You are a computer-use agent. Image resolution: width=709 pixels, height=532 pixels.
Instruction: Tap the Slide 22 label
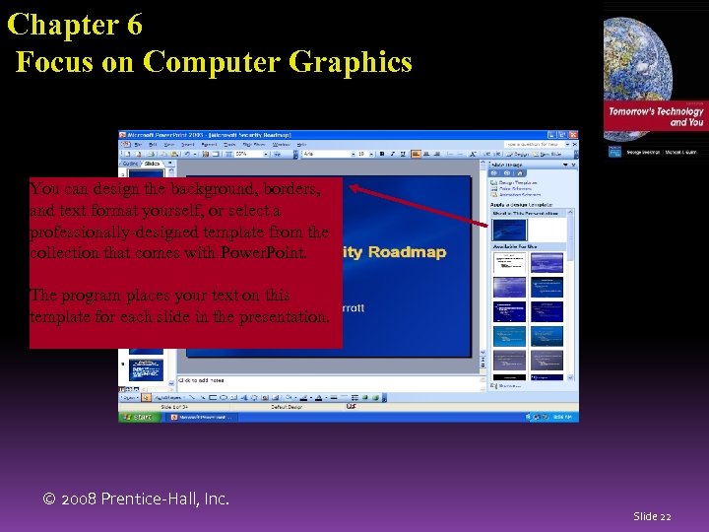[x=652, y=516]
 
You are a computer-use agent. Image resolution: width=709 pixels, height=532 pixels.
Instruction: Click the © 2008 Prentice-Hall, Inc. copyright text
[x=137, y=499]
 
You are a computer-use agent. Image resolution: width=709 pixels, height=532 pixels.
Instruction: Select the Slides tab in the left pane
[x=153, y=164]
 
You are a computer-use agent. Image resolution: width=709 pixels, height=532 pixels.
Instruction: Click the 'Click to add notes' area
[x=203, y=379]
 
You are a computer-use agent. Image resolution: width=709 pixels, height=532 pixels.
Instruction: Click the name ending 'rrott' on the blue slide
[x=353, y=308]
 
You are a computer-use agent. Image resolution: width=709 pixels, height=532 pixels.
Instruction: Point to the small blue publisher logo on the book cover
[x=614, y=152]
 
